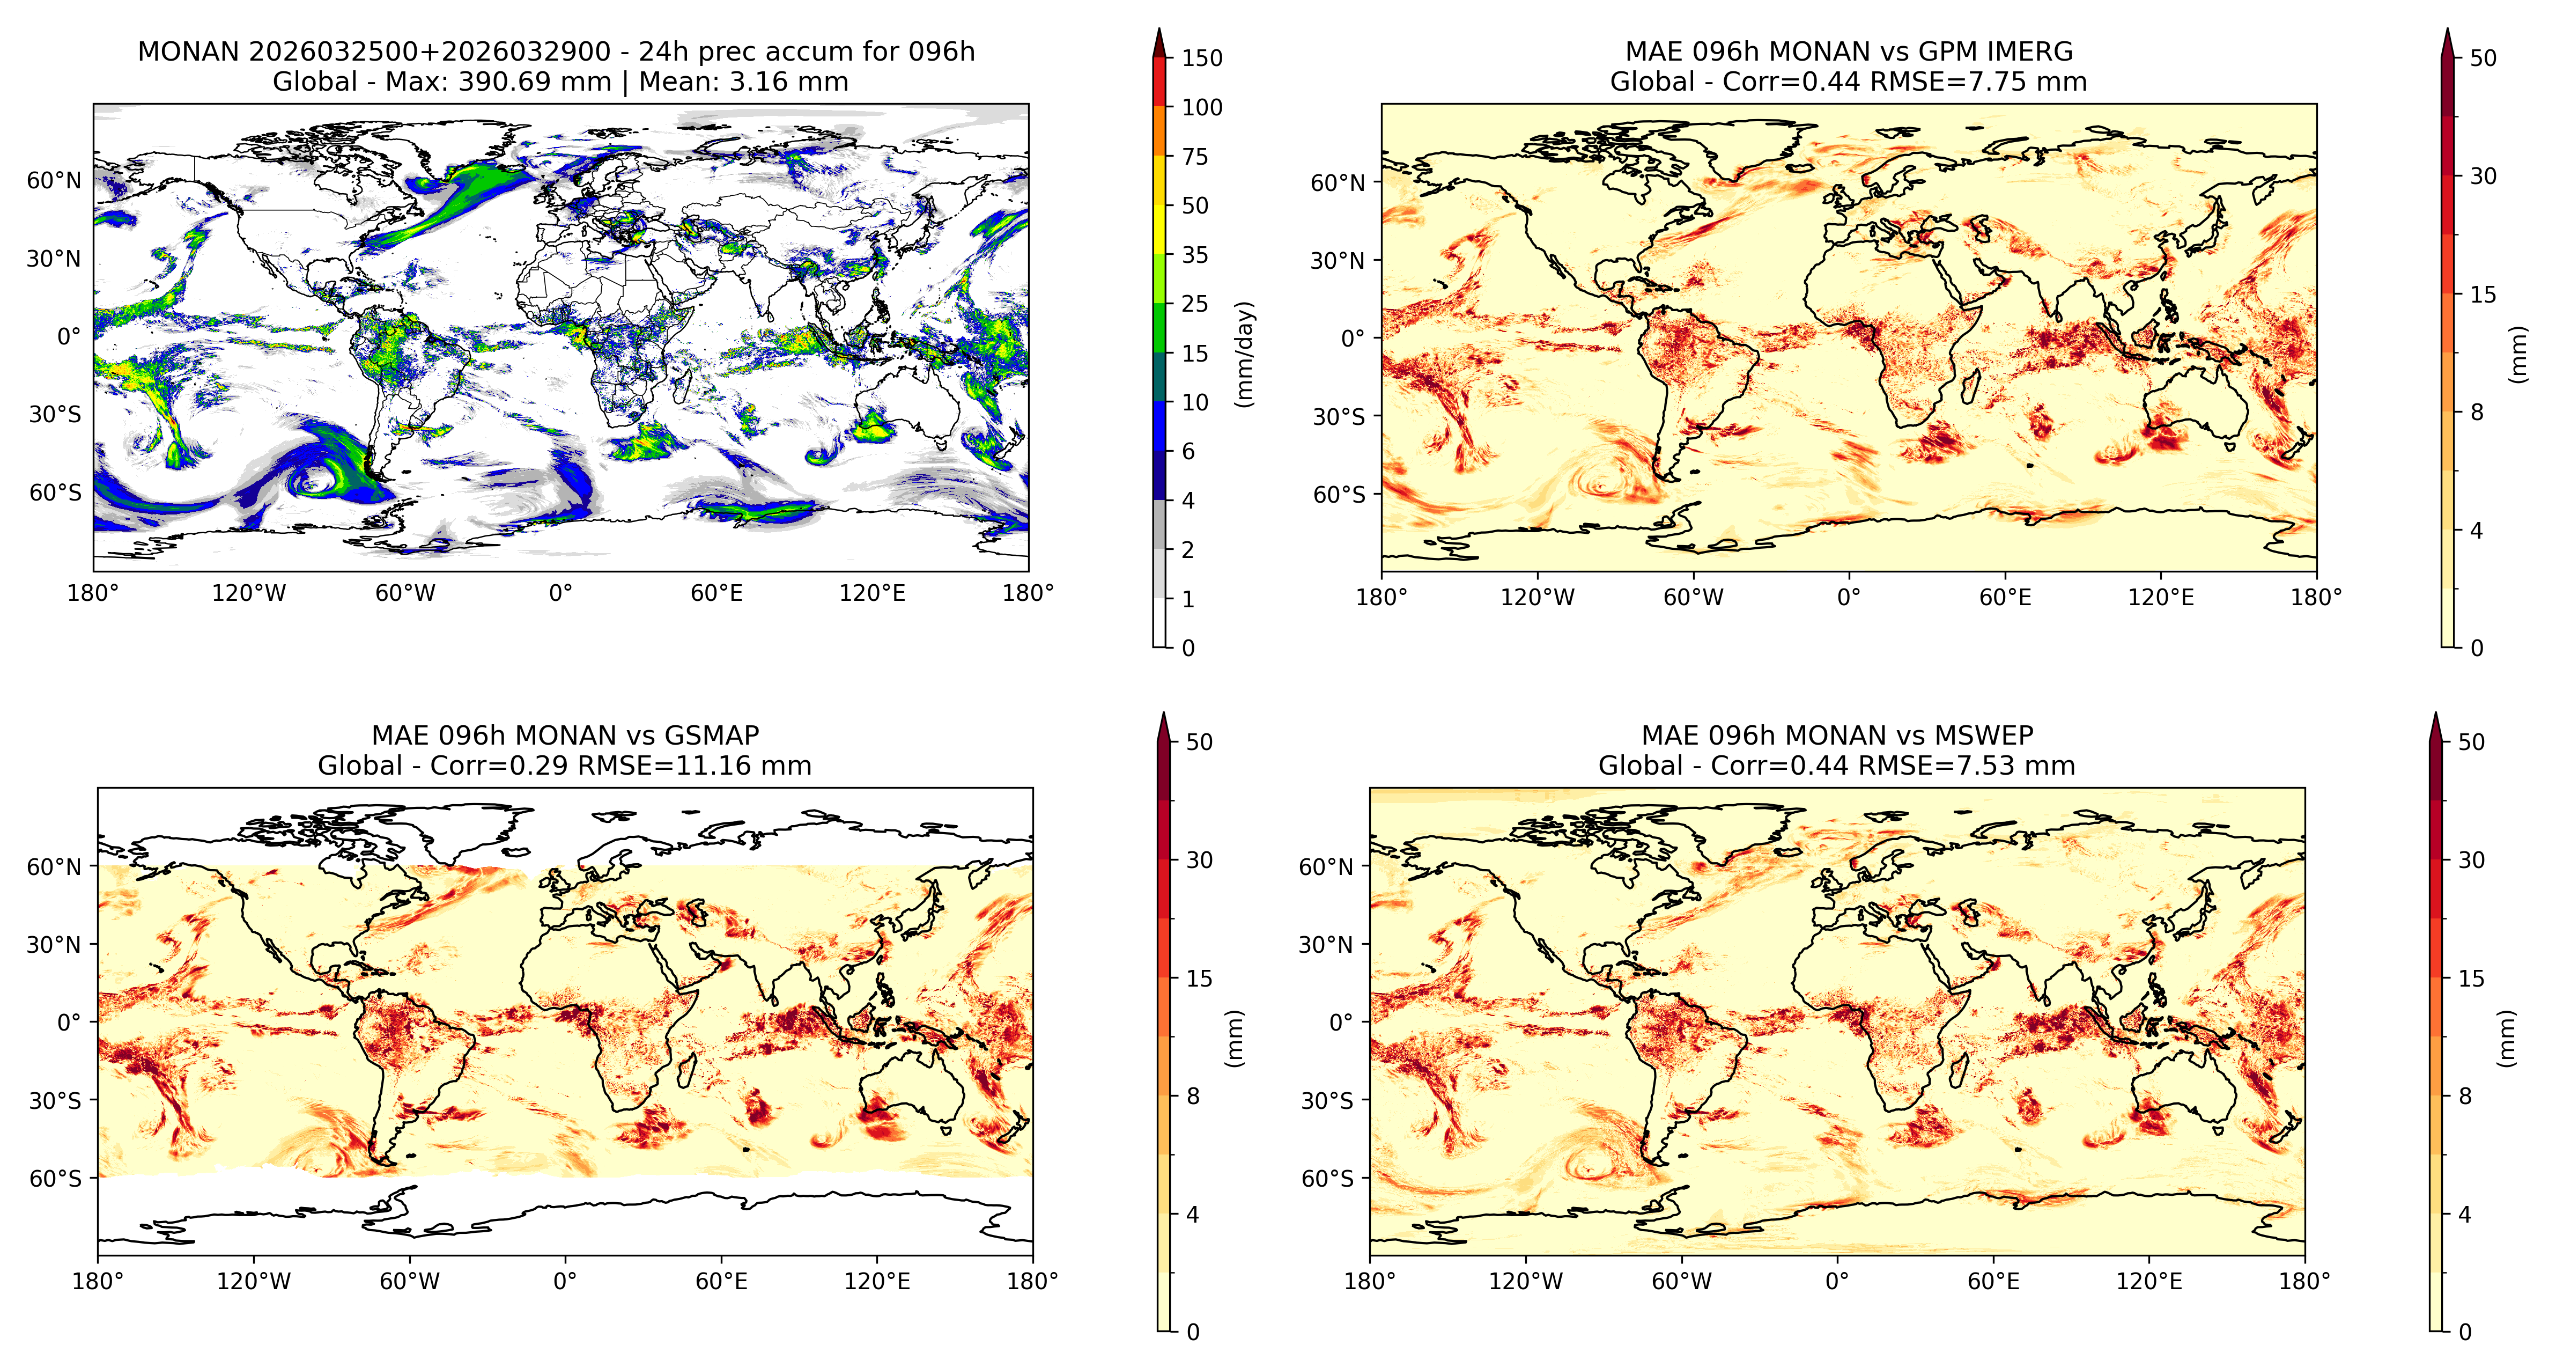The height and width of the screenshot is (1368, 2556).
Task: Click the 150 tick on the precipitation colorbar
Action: (x=1202, y=57)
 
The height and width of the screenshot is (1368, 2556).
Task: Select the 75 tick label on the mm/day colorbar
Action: (x=1195, y=157)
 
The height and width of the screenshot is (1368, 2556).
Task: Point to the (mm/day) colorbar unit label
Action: (x=1244, y=354)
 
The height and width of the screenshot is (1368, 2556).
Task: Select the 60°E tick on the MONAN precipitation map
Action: (x=716, y=594)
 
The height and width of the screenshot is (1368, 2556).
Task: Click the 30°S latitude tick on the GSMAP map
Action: (x=56, y=1100)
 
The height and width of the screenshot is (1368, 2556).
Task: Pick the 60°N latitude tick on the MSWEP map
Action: (x=1326, y=866)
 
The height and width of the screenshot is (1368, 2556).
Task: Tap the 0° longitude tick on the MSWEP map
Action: (x=1837, y=1281)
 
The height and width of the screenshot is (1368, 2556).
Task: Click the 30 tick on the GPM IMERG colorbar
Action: (x=2483, y=176)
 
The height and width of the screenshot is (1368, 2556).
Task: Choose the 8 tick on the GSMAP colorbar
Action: (x=1193, y=1096)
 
